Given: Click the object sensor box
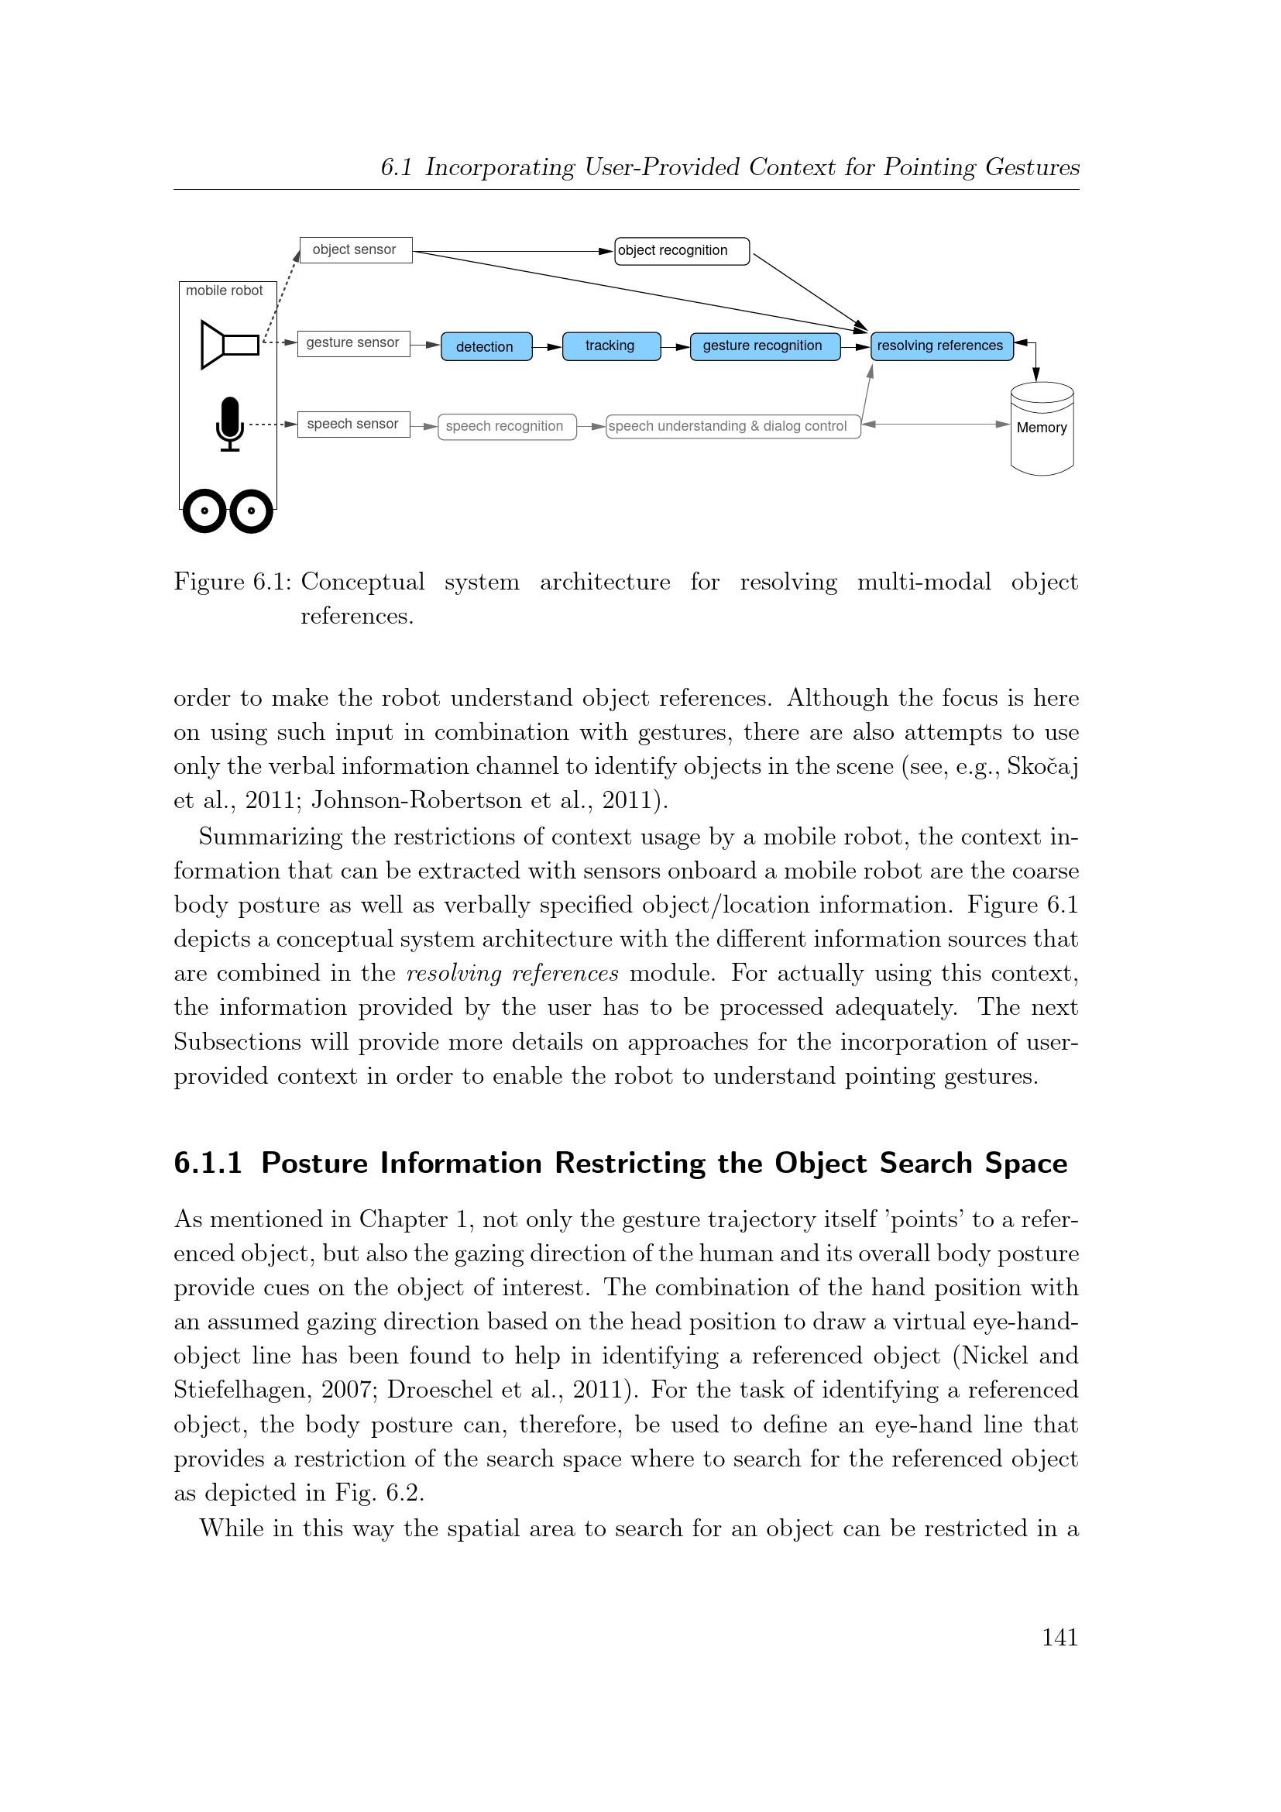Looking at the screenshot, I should pyautogui.click(x=355, y=250).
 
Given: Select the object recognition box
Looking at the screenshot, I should pyautogui.click(x=682, y=251).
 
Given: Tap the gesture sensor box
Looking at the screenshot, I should pyautogui.click(x=353, y=343).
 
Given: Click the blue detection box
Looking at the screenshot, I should pyautogui.click(x=486, y=346).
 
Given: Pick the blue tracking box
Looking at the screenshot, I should pyautogui.click(x=611, y=346).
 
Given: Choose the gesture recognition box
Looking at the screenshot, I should pyautogui.click(x=764, y=346).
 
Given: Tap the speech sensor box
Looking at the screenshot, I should pyautogui.click(x=353, y=425).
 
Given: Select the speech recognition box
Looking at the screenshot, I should pyautogui.click(x=507, y=427).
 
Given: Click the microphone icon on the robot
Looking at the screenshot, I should pyautogui.click(x=229, y=424).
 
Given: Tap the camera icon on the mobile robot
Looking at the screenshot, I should pyautogui.click(x=229, y=345).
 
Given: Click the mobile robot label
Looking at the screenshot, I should pyautogui.click(x=224, y=291).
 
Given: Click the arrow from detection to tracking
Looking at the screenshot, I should pyautogui.click(x=548, y=346).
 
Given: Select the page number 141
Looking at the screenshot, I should pyautogui.click(x=1059, y=1638).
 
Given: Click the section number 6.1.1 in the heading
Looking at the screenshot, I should pyautogui.click(x=208, y=1164).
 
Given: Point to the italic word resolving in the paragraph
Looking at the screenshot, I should pyautogui.click(x=454, y=973).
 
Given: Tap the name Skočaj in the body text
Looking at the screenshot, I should pyautogui.click(x=1042, y=766).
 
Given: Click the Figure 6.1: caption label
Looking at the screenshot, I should pyautogui.click(x=232, y=583).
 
